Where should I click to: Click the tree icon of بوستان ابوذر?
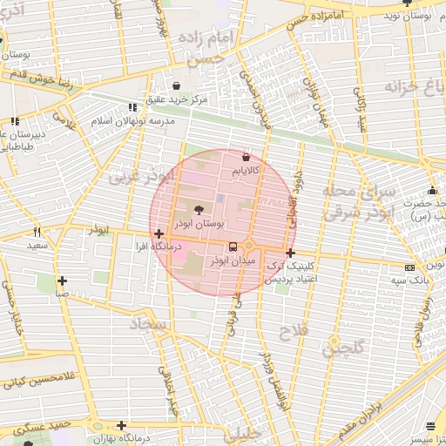(199, 209)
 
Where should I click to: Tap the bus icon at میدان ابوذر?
(231, 247)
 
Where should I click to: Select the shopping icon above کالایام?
(245, 157)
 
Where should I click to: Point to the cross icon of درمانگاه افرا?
(158, 233)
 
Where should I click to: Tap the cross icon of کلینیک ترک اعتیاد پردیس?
(290, 253)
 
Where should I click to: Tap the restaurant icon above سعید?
(37, 232)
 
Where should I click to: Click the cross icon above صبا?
(62, 280)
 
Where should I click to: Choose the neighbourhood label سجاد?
(147, 325)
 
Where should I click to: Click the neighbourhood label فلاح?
(290, 332)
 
